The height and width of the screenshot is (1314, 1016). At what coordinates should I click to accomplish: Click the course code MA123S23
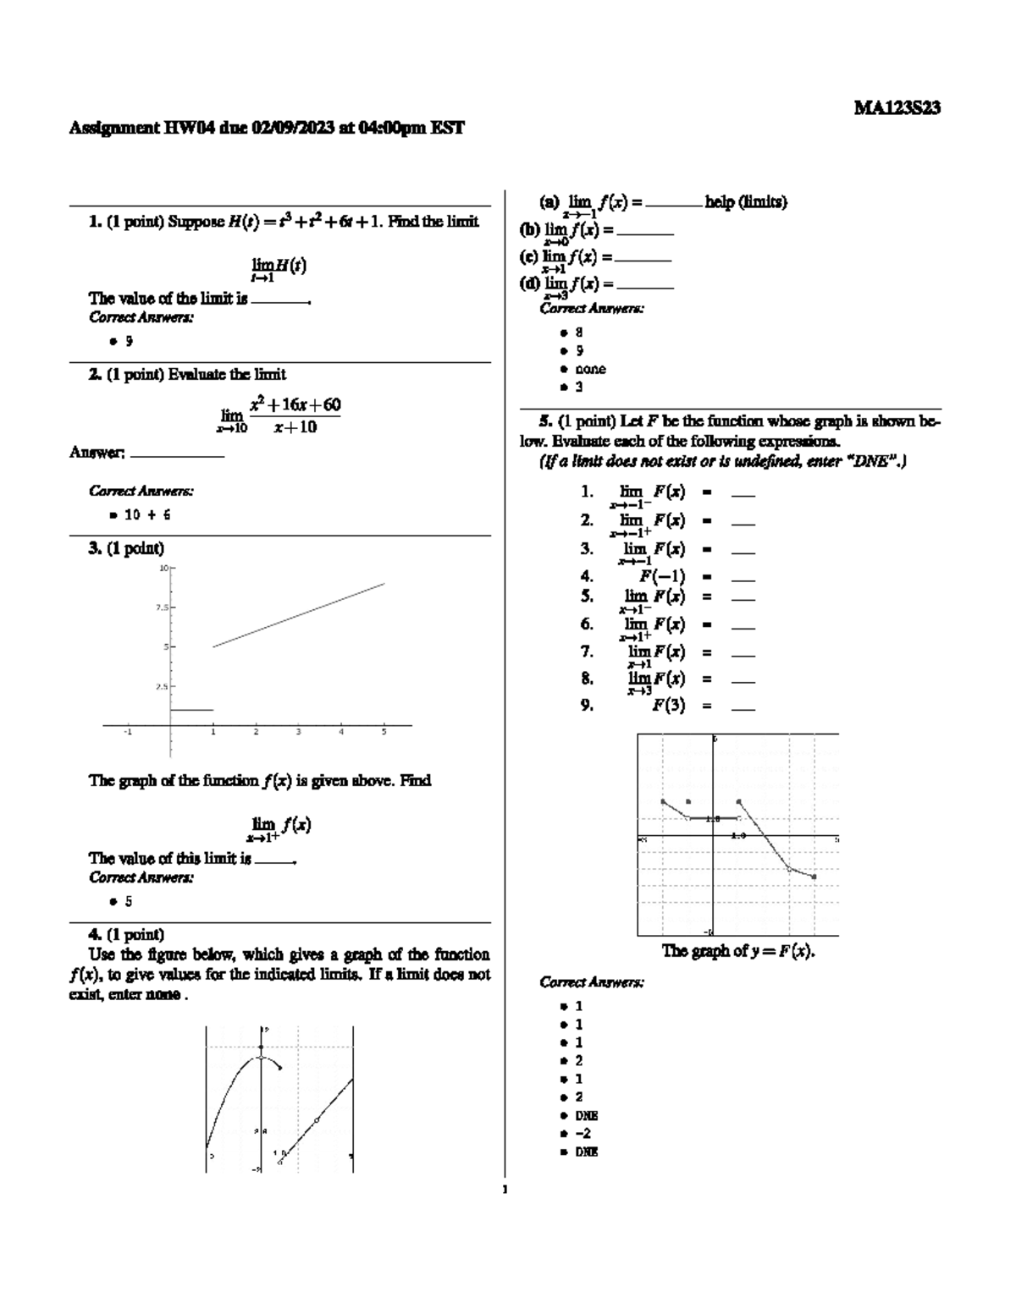tap(897, 108)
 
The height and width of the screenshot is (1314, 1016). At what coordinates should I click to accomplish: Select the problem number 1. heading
tap(95, 222)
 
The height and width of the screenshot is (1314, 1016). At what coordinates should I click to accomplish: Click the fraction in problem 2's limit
tap(295, 415)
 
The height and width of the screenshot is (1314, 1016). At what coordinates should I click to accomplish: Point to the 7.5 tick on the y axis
tap(161, 607)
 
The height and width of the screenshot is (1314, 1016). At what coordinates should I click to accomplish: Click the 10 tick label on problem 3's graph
tap(163, 568)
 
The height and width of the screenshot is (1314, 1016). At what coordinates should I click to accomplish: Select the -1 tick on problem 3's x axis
tap(128, 733)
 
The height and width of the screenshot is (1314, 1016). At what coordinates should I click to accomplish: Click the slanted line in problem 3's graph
tap(298, 615)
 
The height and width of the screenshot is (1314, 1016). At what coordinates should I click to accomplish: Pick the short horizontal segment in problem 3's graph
tap(191, 710)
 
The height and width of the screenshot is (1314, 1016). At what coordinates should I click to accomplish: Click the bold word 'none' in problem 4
tap(162, 995)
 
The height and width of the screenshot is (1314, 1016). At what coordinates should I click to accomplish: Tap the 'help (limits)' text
tap(746, 202)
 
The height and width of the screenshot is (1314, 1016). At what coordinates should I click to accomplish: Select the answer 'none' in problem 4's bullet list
tap(590, 369)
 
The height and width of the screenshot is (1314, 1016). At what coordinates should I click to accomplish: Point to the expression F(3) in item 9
tap(668, 705)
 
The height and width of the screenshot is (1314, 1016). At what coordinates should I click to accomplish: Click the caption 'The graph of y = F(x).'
tap(737, 950)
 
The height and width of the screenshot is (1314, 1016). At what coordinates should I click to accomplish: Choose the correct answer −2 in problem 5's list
tap(583, 1133)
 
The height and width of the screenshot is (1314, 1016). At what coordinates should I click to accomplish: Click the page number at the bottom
tap(505, 1190)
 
